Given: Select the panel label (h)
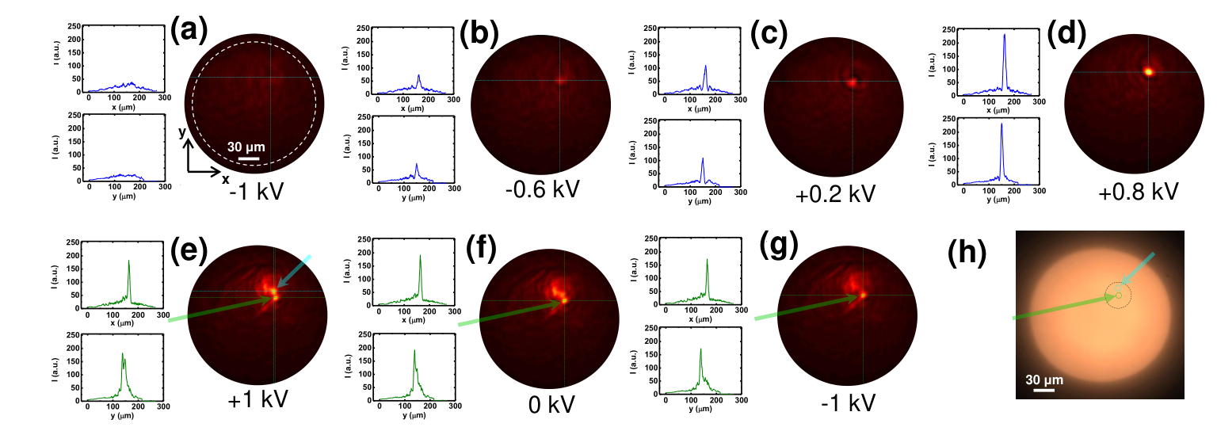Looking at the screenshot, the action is pyautogui.click(x=967, y=253).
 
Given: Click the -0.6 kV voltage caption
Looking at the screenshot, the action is pyautogui.click(x=542, y=189).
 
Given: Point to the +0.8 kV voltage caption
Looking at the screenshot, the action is pyautogui.click(x=1139, y=192).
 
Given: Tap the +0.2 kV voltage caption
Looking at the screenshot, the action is pyautogui.click(x=835, y=194).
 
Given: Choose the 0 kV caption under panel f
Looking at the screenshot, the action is pyautogui.click(x=551, y=405).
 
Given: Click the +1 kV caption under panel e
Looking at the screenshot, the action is pyautogui.click(x=258, y=399).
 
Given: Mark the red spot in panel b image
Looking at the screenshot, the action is pyautogui.click(x=560, y=81).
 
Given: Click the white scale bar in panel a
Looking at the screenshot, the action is pyautogui.click(x=248, y=158).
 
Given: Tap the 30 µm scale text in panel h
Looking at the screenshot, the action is pyautogui.click(x=1044, y=380).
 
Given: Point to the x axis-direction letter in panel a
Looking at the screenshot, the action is pyautogui.click(x=225, y=179).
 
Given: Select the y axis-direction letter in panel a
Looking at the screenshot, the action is pyautogui.click(x=182, y=132).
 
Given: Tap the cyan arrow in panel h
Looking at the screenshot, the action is pyautogui.click(x=1137, y=269).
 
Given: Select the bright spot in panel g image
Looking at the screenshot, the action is pyautogui.click(x=862, y=295).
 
